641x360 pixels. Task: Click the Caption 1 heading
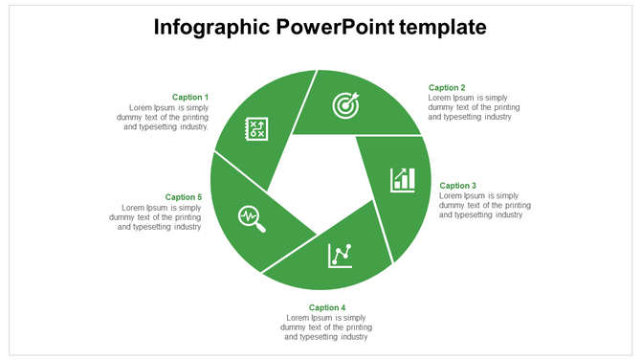pos(189,97)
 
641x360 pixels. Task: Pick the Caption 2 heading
pos(447,88)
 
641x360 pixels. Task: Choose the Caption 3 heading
pos(457,186)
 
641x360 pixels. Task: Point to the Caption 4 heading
pos(326,307)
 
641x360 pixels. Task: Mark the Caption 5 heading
pos(183,197)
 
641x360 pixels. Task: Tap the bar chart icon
pos(403,178)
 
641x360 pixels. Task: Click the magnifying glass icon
pos(253,218)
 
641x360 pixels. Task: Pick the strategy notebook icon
pos(256,129)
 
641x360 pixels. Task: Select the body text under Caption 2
pos(475,107)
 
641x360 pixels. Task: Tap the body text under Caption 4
pos(326,326)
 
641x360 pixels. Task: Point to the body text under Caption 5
pos(155,217)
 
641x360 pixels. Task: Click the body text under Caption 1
pos(166,117)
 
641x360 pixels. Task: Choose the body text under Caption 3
pos(484,205)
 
